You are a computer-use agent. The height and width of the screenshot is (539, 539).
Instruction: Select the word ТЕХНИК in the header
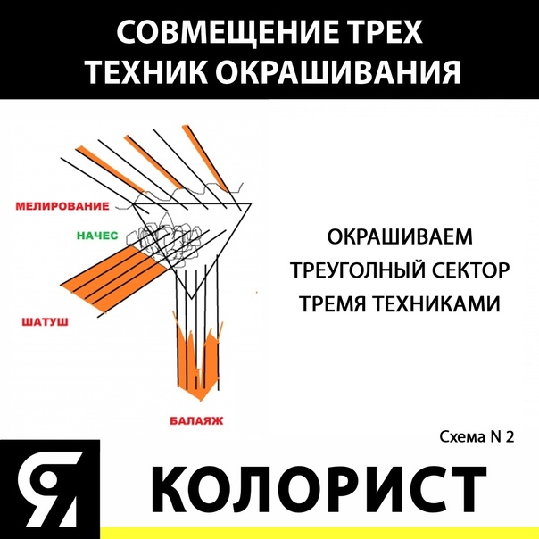pyautogui.click(x=146, y=71)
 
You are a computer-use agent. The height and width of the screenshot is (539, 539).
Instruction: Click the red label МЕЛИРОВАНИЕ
pyautogui.click(x=62, y=206)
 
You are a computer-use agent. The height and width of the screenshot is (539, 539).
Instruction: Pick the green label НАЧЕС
pyautogui.click(x=97, y=236)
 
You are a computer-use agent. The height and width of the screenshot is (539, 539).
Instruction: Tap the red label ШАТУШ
pyautogui.click(x=45, y=322)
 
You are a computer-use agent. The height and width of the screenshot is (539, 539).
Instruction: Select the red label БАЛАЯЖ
pyautogui.click(x=196, y=420)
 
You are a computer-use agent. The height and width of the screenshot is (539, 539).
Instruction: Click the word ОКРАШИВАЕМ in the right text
pyautogui.click(x=400, y=236)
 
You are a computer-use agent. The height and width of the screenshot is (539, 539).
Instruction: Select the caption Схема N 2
pyautogui.click(x=477, y=437)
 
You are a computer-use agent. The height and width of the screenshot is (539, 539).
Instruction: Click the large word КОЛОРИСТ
pyautogui.click(x=319, y=489)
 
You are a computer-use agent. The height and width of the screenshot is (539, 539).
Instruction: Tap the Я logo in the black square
pyautogui.click(x=49, y=489)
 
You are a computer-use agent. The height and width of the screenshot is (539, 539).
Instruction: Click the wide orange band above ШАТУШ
pyautogui.click(x=113, y=277)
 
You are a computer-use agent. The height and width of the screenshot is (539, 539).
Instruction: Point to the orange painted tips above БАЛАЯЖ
pyautogui.click(x=197, y=358)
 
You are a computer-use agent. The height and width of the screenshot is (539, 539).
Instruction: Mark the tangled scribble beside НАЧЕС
pyautogui.click(x=164, y=237)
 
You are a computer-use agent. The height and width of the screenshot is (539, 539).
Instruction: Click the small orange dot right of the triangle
pyautogui.click(x=256, y=293)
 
